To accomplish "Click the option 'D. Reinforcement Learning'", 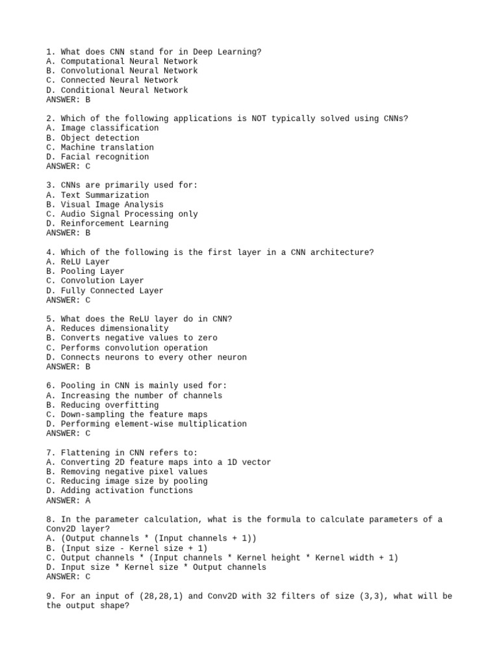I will coord(107,224).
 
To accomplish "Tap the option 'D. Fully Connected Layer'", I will coord(105,291).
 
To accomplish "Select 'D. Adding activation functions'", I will coord(120,491).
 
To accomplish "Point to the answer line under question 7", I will coord(68,501).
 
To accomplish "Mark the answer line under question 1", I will coord(68,100).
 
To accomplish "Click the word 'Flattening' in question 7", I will coord(84,453).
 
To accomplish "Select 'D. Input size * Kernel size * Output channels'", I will coord(156,567).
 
